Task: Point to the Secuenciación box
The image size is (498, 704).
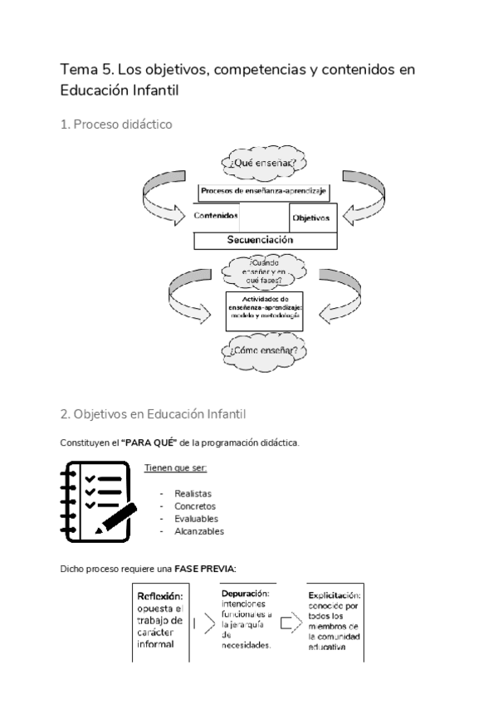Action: (x=266, y=240)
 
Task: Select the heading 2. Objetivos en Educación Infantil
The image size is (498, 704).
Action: (x=153, y=413)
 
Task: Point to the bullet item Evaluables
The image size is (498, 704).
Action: (x=196, y=519)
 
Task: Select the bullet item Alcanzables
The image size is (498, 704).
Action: (x=198, y=531)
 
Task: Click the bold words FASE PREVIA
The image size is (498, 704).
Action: (x=205, y=569)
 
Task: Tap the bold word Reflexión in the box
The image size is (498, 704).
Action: (x=160, y=597)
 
